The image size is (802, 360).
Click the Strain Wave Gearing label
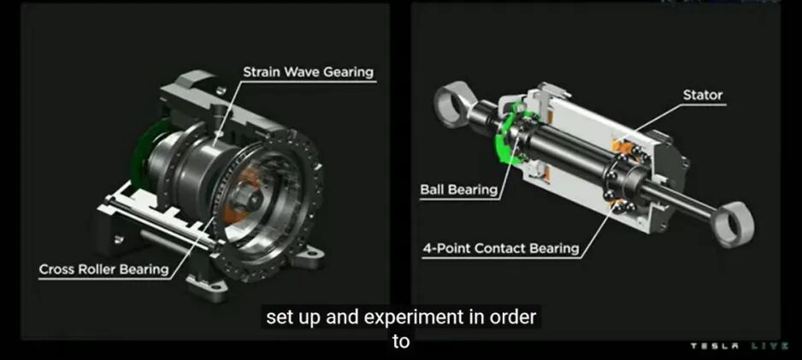pyautogui.click(x=308, y=72)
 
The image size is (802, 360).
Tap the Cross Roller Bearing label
pyautogui.click(x=103, y=269)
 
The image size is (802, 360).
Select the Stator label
pyautogui.click(x=703, y=95)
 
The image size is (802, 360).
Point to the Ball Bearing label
pyautogui.click(x=459, y=190)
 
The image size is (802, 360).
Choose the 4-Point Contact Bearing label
pyautogui.click(x=501, y=249)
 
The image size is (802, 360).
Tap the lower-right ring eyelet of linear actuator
pyautogui.click(x=734, y=225)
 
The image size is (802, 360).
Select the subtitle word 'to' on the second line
pyautogui.click(x=401, y=341)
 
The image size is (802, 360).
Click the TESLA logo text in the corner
pyautogui.click(x=715, y=346)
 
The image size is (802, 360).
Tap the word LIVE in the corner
pyautogui.click(x=770, y=346)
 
